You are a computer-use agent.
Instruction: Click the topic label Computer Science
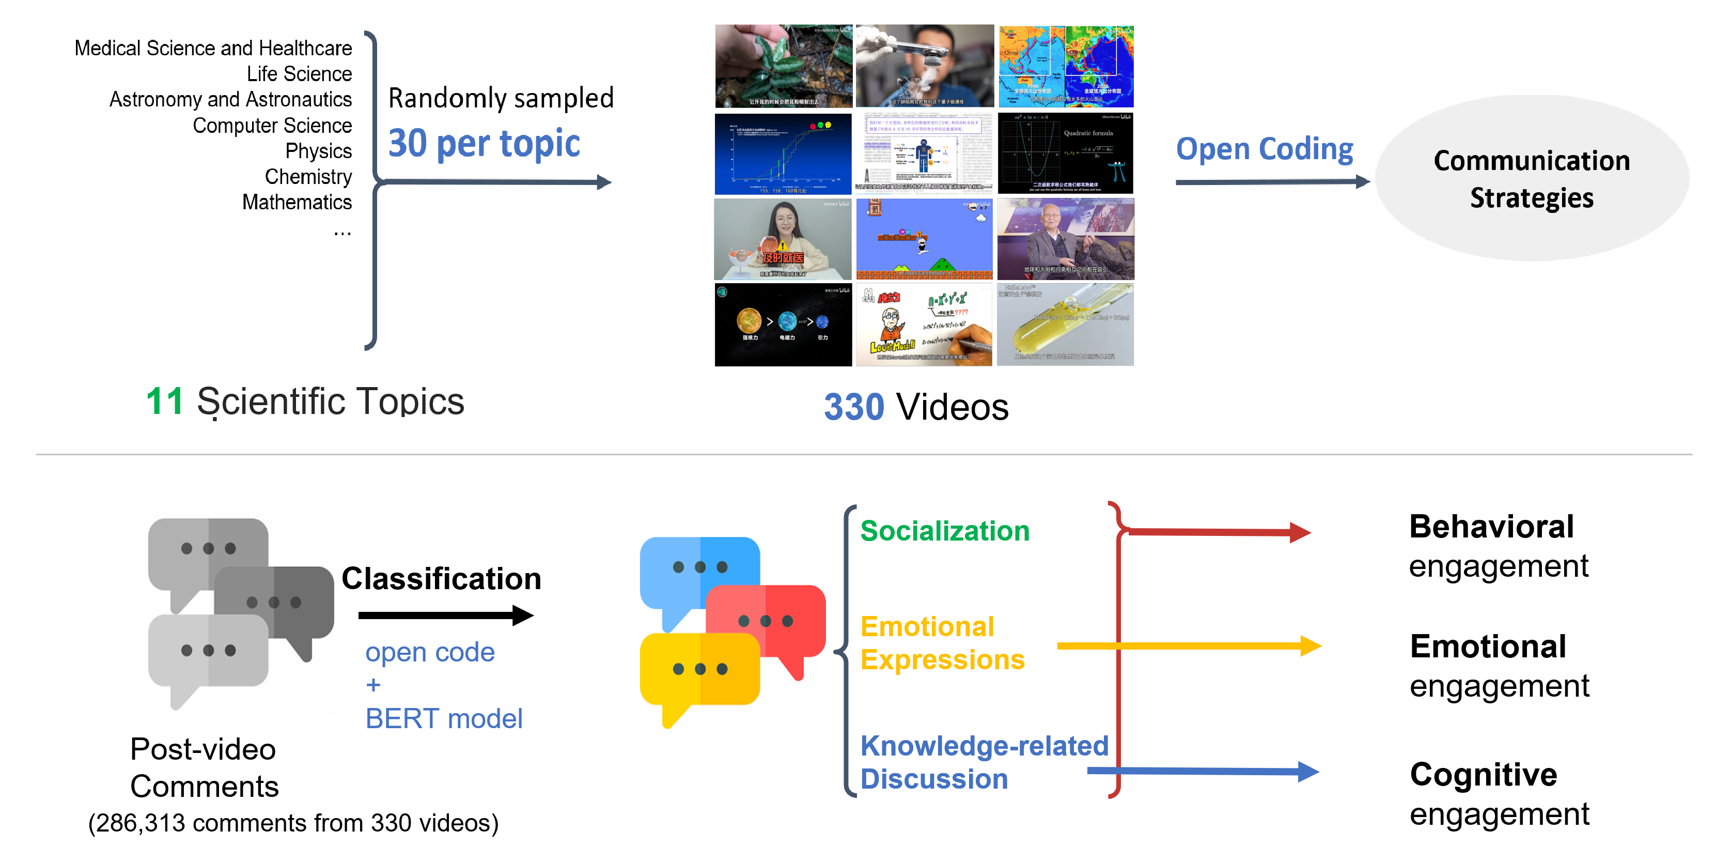tap(272, 126)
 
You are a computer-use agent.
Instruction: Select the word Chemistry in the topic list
tap(308, 177)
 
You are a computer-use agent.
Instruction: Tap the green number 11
tap(164, 402)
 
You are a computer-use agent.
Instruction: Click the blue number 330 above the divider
tap(853, 407)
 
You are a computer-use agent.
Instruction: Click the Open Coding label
tap(1263, 149)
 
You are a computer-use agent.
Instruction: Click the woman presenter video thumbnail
tap(783, 239)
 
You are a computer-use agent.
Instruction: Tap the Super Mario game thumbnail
tap(924, 239)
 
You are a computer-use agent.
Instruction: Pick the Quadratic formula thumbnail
tap(1065, 153)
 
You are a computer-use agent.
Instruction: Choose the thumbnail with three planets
tap(783, 325)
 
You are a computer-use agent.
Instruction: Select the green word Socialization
tap(944, 531)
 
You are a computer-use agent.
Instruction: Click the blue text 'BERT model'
tap(444, 719)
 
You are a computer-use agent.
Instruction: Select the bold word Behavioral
tap(1491, 527)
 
